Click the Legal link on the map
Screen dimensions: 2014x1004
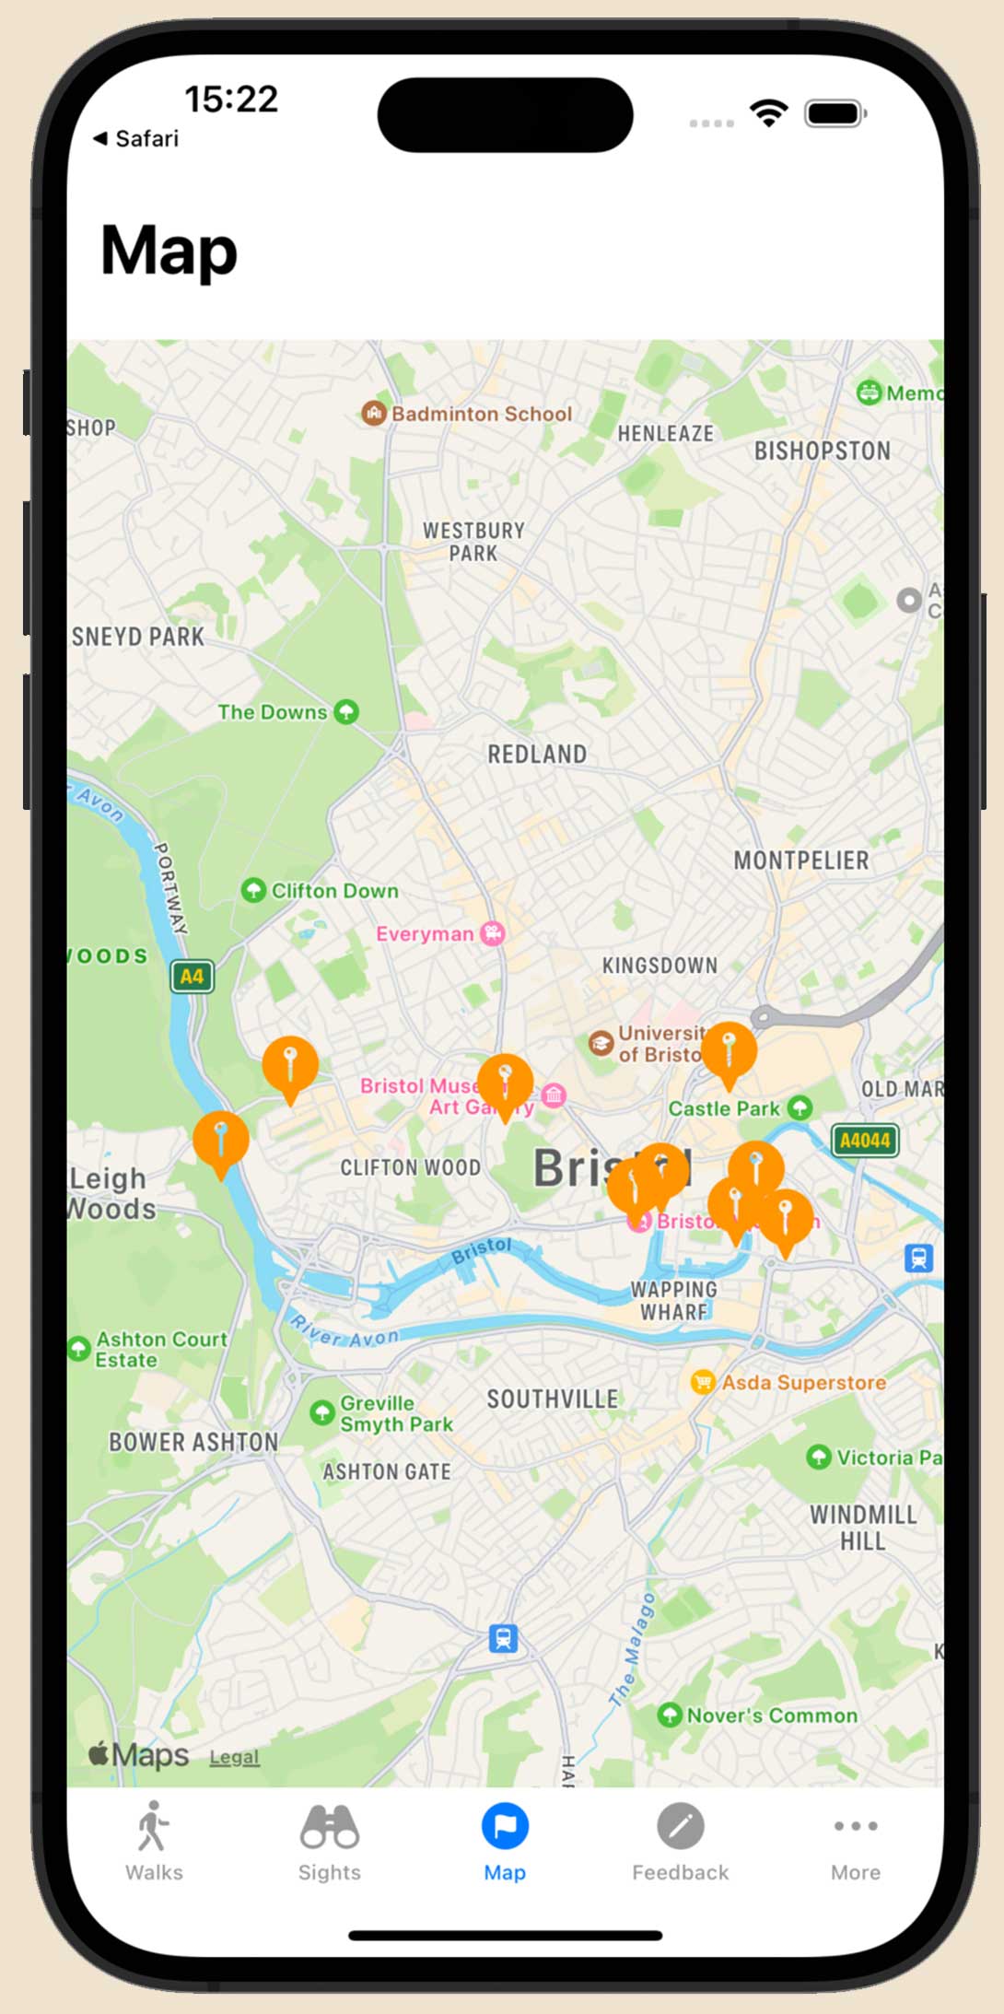point(234,1757)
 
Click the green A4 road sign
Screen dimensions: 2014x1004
point(192,976)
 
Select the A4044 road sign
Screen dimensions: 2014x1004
point(864,1140)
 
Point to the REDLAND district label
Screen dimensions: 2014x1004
point(537,755)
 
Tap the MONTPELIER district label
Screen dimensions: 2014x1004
point(801,861)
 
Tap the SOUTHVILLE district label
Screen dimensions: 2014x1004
point(553,1399)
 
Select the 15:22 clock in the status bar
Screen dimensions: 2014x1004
point(230,100)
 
